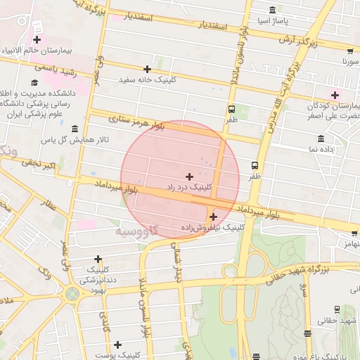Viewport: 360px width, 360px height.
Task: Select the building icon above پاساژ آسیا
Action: (x=273, y=9)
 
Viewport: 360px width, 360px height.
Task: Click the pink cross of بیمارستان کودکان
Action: (x=335, y=95)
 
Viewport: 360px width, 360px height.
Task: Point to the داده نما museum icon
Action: (x=321, y=138)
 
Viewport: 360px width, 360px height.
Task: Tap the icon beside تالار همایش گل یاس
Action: (x=75, y=129)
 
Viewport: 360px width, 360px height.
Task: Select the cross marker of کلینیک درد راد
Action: (x=189, y=176)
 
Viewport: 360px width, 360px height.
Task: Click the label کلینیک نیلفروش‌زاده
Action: (x=212, y=228)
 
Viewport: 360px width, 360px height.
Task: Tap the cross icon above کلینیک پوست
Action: (x=117, y=345)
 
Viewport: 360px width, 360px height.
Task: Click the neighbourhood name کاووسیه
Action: (x=136, y=231)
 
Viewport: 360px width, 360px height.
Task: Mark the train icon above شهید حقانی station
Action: (x=337, y=309)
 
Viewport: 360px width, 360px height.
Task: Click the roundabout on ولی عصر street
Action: (x=72, y=292)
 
